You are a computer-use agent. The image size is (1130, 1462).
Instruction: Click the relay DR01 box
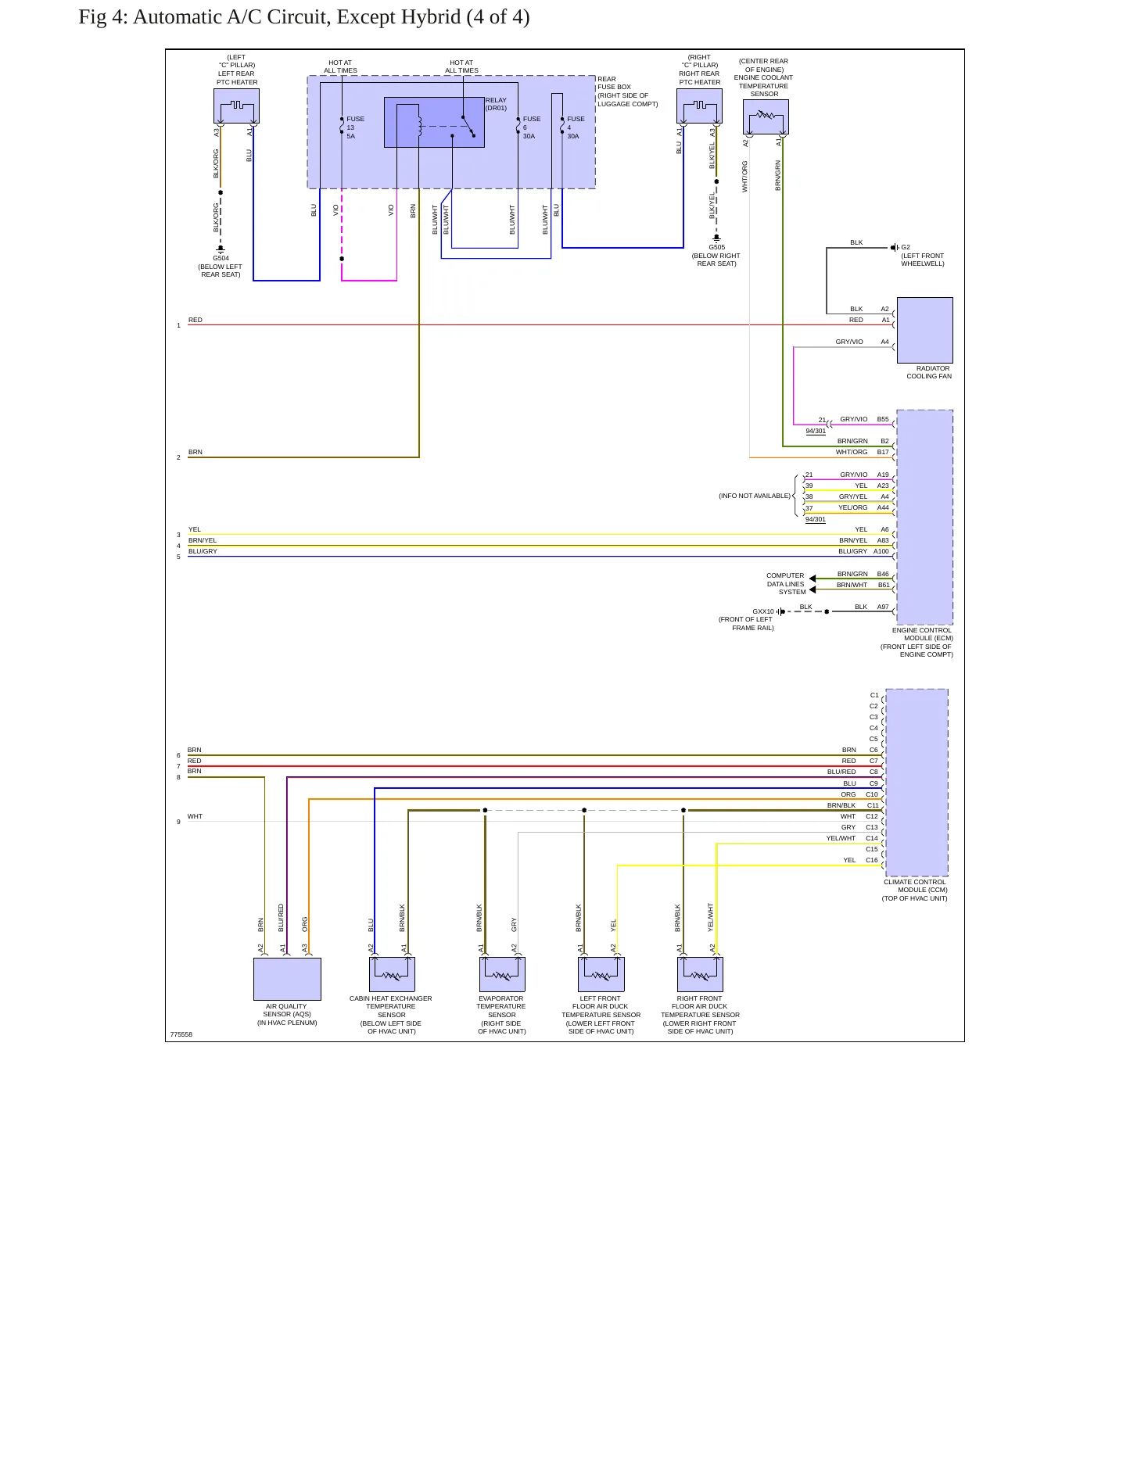click(x=434, y=122)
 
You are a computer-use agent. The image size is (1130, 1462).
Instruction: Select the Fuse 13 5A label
click(x=355, y=127)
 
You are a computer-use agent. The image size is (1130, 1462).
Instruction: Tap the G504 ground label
click(x=221, y=258)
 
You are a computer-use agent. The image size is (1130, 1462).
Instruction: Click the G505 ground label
click(x=716, y=247)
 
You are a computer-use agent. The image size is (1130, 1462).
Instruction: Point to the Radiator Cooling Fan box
click(x=924, y=330)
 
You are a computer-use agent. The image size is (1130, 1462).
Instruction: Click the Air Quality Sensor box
click(x=287, y=979)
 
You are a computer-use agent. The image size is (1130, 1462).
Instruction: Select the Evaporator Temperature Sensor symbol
click(x=502, y=974)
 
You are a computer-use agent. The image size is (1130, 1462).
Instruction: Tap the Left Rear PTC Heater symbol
click(x=236, y=106)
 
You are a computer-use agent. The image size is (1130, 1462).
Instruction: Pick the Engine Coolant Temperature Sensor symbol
click(x=766, y=116)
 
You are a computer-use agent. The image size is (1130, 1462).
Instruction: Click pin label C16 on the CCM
click(x=872, y=860)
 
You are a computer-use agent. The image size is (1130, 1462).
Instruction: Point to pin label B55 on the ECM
click(x=883, y=419)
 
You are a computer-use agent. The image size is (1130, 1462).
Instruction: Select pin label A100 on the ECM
click(x=881, y=551)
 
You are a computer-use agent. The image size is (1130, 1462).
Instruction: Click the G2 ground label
click(x=906, y=247)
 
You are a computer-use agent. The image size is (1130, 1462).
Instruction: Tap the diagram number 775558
click(x=181, y=1034)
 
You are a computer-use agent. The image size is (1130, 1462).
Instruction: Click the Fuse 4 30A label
click(x=576, y=127)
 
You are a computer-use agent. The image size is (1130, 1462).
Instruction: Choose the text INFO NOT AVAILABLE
click(x=755, y=496)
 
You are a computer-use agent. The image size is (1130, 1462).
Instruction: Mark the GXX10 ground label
click(x=763, y=611)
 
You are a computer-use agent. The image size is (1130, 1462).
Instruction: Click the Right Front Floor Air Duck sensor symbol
click(x=700, y=974)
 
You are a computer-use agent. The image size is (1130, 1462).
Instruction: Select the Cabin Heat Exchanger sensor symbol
click(x=392, y=974)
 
